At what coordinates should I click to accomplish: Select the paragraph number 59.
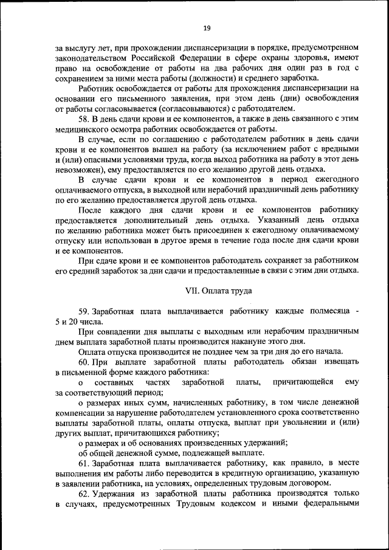pyautogui.click(x=85, y=311)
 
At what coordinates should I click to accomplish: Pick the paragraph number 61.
pyautogui.click(x=85, y=463)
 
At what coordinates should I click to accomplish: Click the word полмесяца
pyautogui.click(x=328, y=311)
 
